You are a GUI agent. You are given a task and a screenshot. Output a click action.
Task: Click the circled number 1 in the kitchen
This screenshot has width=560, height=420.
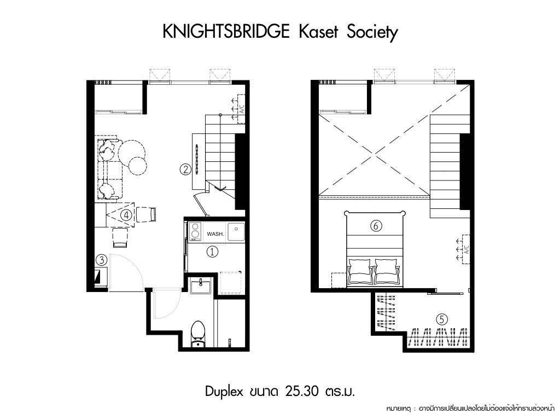pyautogui.click(x=212, y=252)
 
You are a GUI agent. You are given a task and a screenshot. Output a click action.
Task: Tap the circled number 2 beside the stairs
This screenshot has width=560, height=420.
pyautogui.click(x=185, y=169)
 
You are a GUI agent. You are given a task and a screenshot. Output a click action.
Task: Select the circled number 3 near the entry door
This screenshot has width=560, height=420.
pyautogui.click(x=102, y=260)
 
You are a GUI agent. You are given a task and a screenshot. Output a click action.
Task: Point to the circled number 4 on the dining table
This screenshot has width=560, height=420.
pyautogui.click(x=126, y=215)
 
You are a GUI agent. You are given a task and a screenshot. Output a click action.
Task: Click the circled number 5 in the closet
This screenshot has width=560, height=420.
pyautogui.click(x=442, y=319)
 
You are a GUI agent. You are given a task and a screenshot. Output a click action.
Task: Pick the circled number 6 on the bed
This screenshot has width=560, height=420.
pyautogui.click(x=376, y=226)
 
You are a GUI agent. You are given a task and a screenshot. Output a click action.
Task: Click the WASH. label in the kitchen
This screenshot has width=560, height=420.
pyautogui.click(x=215, y=234)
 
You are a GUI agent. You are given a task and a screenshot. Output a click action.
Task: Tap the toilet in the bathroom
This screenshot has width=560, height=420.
pyautogui.click(x=198, y=334)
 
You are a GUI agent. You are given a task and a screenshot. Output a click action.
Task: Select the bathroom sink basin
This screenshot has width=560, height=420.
pyautogui.click(x=200, y=285)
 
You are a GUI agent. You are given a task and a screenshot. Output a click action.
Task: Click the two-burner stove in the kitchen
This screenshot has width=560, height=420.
pyautogui.click(x=195, y=230)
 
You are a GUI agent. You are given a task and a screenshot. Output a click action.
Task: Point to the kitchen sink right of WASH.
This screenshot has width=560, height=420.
pyautogui.click(x=236, y=232)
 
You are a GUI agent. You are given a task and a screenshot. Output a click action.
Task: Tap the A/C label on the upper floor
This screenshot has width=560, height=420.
pyautogui.click(x=466, y=249)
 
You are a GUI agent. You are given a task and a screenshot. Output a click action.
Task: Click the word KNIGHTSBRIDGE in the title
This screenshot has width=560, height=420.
pyautogui.click(x=226, y=31)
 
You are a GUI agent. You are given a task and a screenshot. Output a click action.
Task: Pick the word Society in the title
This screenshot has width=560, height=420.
pyautogui.click(x=371, y=32)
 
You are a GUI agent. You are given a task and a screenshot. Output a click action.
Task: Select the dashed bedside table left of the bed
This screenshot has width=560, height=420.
pyautogui.click(x=339, y=281)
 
